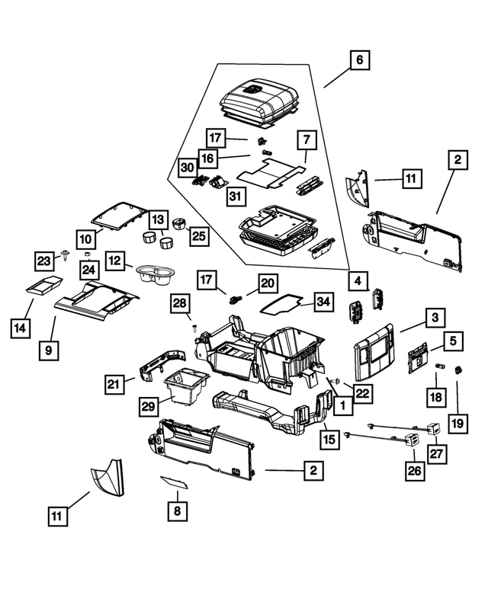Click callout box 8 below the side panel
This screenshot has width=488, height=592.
click(x=176, y=511)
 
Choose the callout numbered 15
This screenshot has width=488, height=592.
click(x=329, y=439)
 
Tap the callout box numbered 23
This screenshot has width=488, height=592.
click(x=44, y=261)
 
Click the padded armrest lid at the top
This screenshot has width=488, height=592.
click(x=257, y=101)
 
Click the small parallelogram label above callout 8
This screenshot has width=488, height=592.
click(x=175, y=482)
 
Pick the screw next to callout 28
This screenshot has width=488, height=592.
click(x=195, y=327)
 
